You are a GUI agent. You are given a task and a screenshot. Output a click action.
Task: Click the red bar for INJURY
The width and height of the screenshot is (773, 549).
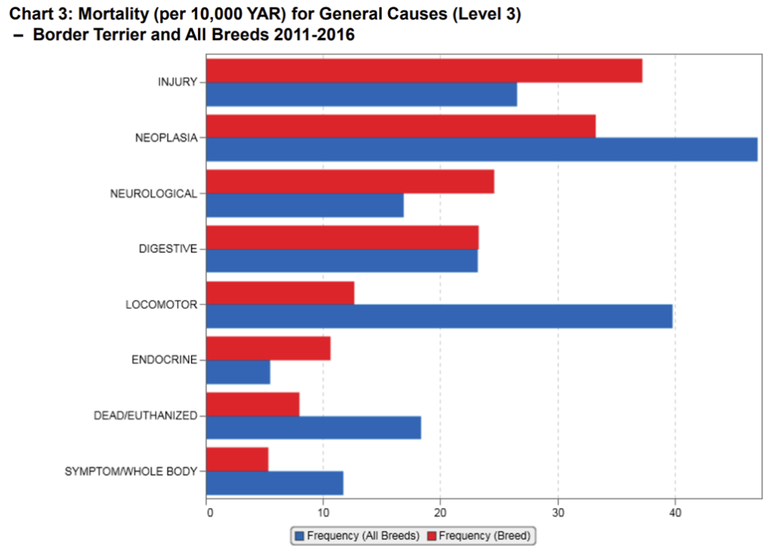(x=424, y=70)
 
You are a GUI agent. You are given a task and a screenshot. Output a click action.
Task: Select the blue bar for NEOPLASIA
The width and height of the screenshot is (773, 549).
(x=482, y=149)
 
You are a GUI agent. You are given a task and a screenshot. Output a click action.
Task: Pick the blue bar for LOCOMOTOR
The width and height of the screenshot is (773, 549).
(x=439, y=316)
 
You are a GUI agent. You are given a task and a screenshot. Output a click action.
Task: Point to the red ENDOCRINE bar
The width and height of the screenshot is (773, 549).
(x=268, y=349)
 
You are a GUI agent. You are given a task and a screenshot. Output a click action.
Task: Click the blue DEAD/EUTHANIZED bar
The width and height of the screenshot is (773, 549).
(x=314, y=428)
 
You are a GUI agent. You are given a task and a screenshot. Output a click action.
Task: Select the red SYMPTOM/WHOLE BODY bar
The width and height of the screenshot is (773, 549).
(x=237, y=459)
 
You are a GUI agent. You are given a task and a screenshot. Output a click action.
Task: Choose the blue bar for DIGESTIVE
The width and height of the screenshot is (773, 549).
(x=342, y=261)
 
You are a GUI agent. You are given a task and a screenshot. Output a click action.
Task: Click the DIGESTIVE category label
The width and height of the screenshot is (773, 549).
(x=168, y=249)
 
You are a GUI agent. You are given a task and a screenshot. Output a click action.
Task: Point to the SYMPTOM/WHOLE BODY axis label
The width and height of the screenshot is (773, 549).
(x=131, y=471)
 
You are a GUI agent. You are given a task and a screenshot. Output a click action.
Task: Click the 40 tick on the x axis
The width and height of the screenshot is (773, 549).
(x=675, y=511)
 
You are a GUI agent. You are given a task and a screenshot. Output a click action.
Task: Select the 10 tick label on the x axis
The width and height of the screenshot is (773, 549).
(x=323, y=511)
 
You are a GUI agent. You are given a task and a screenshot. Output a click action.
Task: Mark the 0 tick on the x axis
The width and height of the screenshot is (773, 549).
(x=207, y=511)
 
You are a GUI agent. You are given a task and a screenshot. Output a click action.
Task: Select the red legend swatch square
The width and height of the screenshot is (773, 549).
(x=431, y=535)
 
